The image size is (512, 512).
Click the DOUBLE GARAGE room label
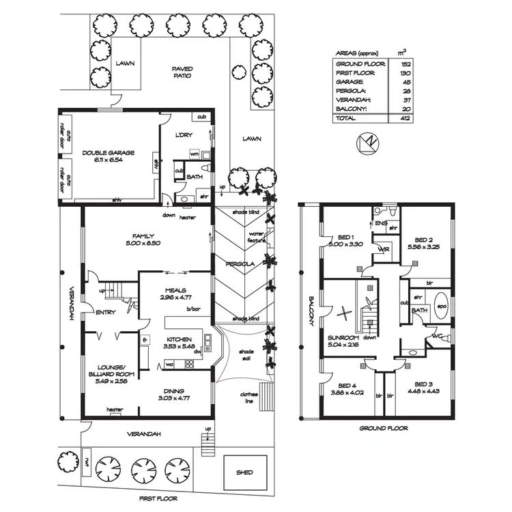[x=108, y=153]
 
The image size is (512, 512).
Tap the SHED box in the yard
[x=244, y=472]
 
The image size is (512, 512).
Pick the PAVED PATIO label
[x=182, y=72]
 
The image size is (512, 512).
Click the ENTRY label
[x=105, y=313]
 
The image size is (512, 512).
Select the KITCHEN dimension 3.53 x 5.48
[x=176, y=346]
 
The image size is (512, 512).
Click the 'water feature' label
[x=256, y=237]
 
